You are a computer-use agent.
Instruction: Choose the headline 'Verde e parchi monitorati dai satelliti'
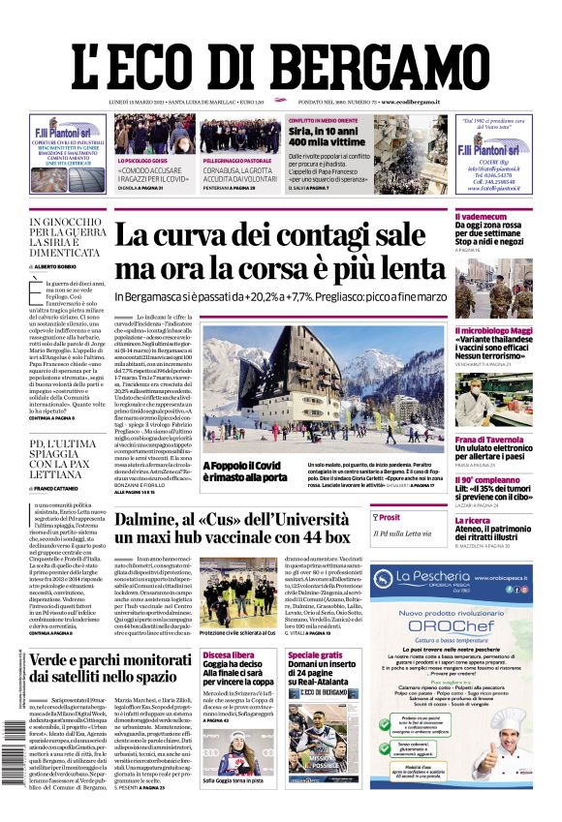(109, 670)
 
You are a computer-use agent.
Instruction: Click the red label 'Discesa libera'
(230, 655)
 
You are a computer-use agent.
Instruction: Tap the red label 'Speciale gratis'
(316, 655)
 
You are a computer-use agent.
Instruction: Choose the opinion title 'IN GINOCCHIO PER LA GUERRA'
(67, 228)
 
